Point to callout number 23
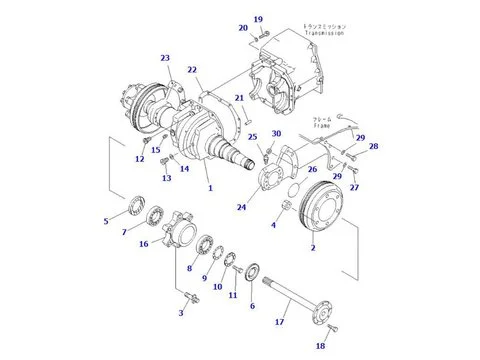click(x=165, y=58)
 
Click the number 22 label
click(x=192, y=69)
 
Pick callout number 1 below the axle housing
click(x=209, y=188)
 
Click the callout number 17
click(x=279, y=322)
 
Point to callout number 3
click(x=180, y=314)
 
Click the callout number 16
click(x=144, y=243)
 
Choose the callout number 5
click(x=107, y=221)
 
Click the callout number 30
click(x=277, y=134)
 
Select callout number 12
click(x=140, y=158)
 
